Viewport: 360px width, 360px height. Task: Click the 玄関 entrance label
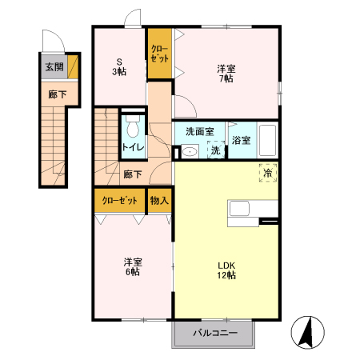point(54,66)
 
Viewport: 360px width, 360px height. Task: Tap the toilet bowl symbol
point(133,126)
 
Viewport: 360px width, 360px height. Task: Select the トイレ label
point(133,147)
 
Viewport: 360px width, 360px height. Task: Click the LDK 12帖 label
point(226,270)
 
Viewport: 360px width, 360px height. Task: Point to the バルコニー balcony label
point(215,333)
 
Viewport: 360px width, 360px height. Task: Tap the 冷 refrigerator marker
point(268,173)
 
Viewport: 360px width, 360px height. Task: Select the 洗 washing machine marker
point(216,150)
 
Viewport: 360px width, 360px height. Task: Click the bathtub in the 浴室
point(268,140)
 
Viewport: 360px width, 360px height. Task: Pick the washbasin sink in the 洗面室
point(190,152)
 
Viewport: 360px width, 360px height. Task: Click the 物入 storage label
point(159,200)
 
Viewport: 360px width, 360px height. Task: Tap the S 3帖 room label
point(119,66)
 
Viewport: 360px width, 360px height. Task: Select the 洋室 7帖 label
point(226,74)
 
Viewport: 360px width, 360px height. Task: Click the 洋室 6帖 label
point(133,266)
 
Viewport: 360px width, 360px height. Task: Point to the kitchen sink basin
point(239,208)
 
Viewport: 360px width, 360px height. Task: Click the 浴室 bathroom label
point(241,140)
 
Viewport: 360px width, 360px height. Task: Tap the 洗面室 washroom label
point(200,131)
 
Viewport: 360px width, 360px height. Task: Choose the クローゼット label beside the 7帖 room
point(160,54)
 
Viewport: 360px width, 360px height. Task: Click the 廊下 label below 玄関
point(58,94)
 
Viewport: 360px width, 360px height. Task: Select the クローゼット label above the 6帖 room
point(120,200)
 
